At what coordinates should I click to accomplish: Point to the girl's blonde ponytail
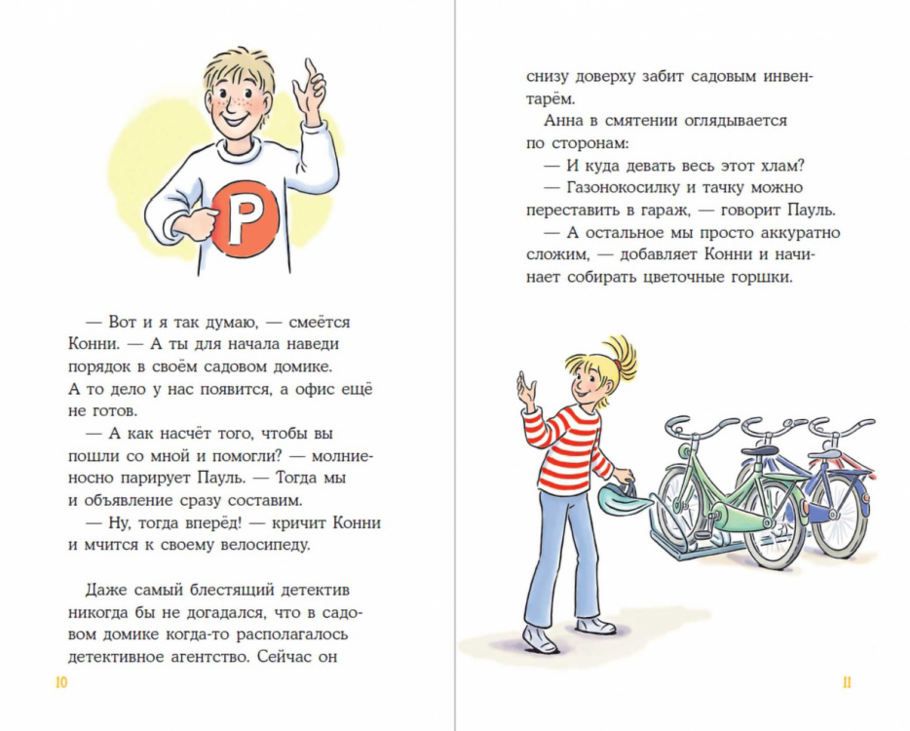click(x=620, y=356)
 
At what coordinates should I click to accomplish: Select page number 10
click(x=60, y=682)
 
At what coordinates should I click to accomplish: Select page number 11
click(x=847, y=682)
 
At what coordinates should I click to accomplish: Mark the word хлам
click(x=788, y=165)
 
